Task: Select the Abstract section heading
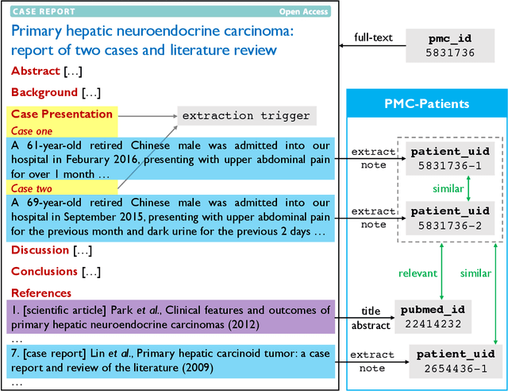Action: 34,71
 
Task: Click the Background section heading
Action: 44,92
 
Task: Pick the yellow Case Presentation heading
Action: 62,114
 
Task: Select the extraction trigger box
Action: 246,116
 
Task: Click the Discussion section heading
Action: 40,250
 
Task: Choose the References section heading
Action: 41,293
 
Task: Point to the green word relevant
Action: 418,273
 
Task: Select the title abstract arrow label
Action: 371,319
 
